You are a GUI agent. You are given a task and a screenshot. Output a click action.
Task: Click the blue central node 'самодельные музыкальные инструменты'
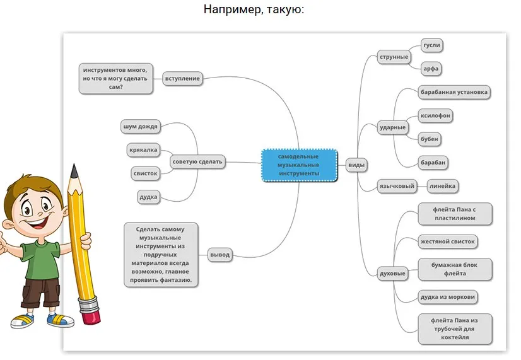pyautogui.click(x=298, y=165)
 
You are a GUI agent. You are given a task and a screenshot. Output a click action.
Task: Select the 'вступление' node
pyautogui.click(x=182, y=79)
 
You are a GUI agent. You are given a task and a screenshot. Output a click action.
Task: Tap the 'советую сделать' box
pyautogui.click(x=197, y=162)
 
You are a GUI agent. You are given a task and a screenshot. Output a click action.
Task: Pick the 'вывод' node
pyautogui.click(x=220, y=255)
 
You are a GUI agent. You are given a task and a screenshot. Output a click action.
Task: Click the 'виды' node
pyautogui.click(x=356, y=165)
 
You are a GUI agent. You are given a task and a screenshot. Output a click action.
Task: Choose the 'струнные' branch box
pyautogui.click(x=394, y=57)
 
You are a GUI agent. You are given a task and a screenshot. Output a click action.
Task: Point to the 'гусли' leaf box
pyautogui.click(x=432, y=45)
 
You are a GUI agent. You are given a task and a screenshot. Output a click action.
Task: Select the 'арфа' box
pyautogui.click(x=432, y=68)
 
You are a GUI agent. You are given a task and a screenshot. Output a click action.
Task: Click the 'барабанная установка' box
pyautogui.click(x=454, y=92)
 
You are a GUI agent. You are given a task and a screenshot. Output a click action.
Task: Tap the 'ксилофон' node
pyautogui.click(x=436, y=115)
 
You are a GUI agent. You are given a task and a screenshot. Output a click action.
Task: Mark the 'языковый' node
pyautogui.click(x=396, y=186)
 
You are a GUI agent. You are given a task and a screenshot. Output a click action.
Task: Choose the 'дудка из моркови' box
pyautogui.click(x=448, y=296)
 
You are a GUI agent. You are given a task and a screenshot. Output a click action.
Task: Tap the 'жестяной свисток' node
pyautogui.click(x=448, y=241)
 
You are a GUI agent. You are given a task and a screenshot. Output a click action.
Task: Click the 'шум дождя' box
pyautogui.click(x=140, y=126)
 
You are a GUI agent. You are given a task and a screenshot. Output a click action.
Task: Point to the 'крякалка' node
pyautogui.click(x=143, y=149)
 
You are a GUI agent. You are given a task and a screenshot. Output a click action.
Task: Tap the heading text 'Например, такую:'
pyautogui.click(x=254, y=10)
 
